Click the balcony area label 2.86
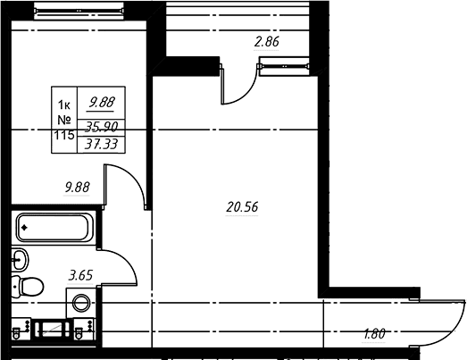pyautogui.click(x=267, y=42)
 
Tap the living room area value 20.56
pyautogui.click(x=242, y=207)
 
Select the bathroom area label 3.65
pyautogui.click(x=80, y=275)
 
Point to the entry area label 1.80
pyautogui.click(x=374, y=334)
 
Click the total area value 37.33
pyautogui.click(x=101, y=145)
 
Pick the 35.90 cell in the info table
pyautogui.click(x=101, y=127)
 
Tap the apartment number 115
pyautogui.click(x=64, y=135)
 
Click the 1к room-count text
pyautogui.click(x=64, y=105)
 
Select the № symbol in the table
pyautogui.click(x=64, y=120)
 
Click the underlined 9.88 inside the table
pyautogui.click(x=102, y=102)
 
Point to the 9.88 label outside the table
pyautogui.click(x=77, y=188)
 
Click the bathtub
pyautogui.click(x=54, y=228)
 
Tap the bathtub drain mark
pyautogui.click(x=24, y=228)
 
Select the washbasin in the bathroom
pyautogui.click(x=20, y=259)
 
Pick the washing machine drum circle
pyautogui.click(x=81, y=303)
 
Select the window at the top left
pyautogui.click(x=79, y=11)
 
